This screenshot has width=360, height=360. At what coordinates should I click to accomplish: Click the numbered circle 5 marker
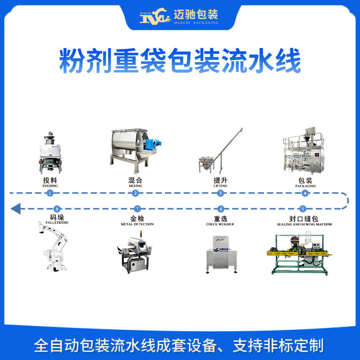click(303, 209)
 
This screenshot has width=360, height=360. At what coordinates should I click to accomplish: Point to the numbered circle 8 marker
click(56, 209)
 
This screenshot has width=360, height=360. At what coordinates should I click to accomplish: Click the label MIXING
click(135, 185)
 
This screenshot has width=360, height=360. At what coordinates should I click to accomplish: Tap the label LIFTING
click(220, 185)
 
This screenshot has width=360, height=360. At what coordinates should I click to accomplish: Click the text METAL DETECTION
click(138, 224)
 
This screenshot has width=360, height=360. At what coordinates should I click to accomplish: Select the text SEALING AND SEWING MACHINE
click(305, 224)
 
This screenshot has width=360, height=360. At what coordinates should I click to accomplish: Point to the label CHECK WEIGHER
click(220, 224)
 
